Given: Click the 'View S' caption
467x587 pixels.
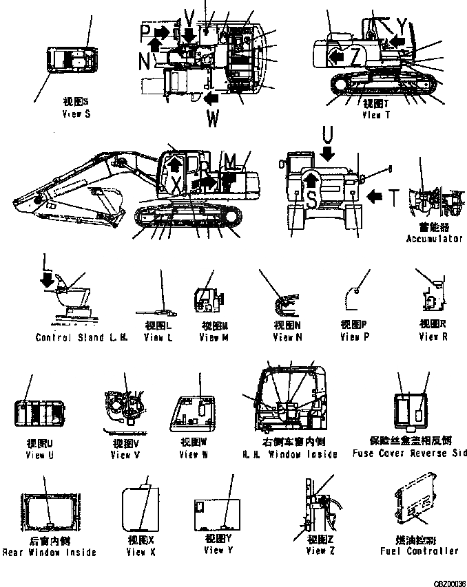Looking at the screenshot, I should [x=76, y=114].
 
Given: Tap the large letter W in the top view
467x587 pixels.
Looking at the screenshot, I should [x=214, y=119].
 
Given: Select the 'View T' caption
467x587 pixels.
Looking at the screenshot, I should [x=376, y=115].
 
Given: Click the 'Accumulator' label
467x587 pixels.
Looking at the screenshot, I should [x=434, y=239].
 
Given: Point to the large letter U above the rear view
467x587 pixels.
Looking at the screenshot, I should [x=328, y=133].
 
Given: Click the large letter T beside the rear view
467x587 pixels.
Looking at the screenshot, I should [x=393, y=198].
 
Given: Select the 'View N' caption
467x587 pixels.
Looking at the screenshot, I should [x=287, y=338].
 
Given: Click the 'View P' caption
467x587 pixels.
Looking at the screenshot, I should [x=354, y=338].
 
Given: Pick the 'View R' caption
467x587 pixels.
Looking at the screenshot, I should [x=433, y=337].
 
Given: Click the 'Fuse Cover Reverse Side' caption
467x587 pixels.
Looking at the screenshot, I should [x=408, y=453].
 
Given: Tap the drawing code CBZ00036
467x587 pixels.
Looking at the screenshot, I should [x=448, y=581].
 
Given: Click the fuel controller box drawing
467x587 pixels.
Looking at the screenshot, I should [x=415, y=509].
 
